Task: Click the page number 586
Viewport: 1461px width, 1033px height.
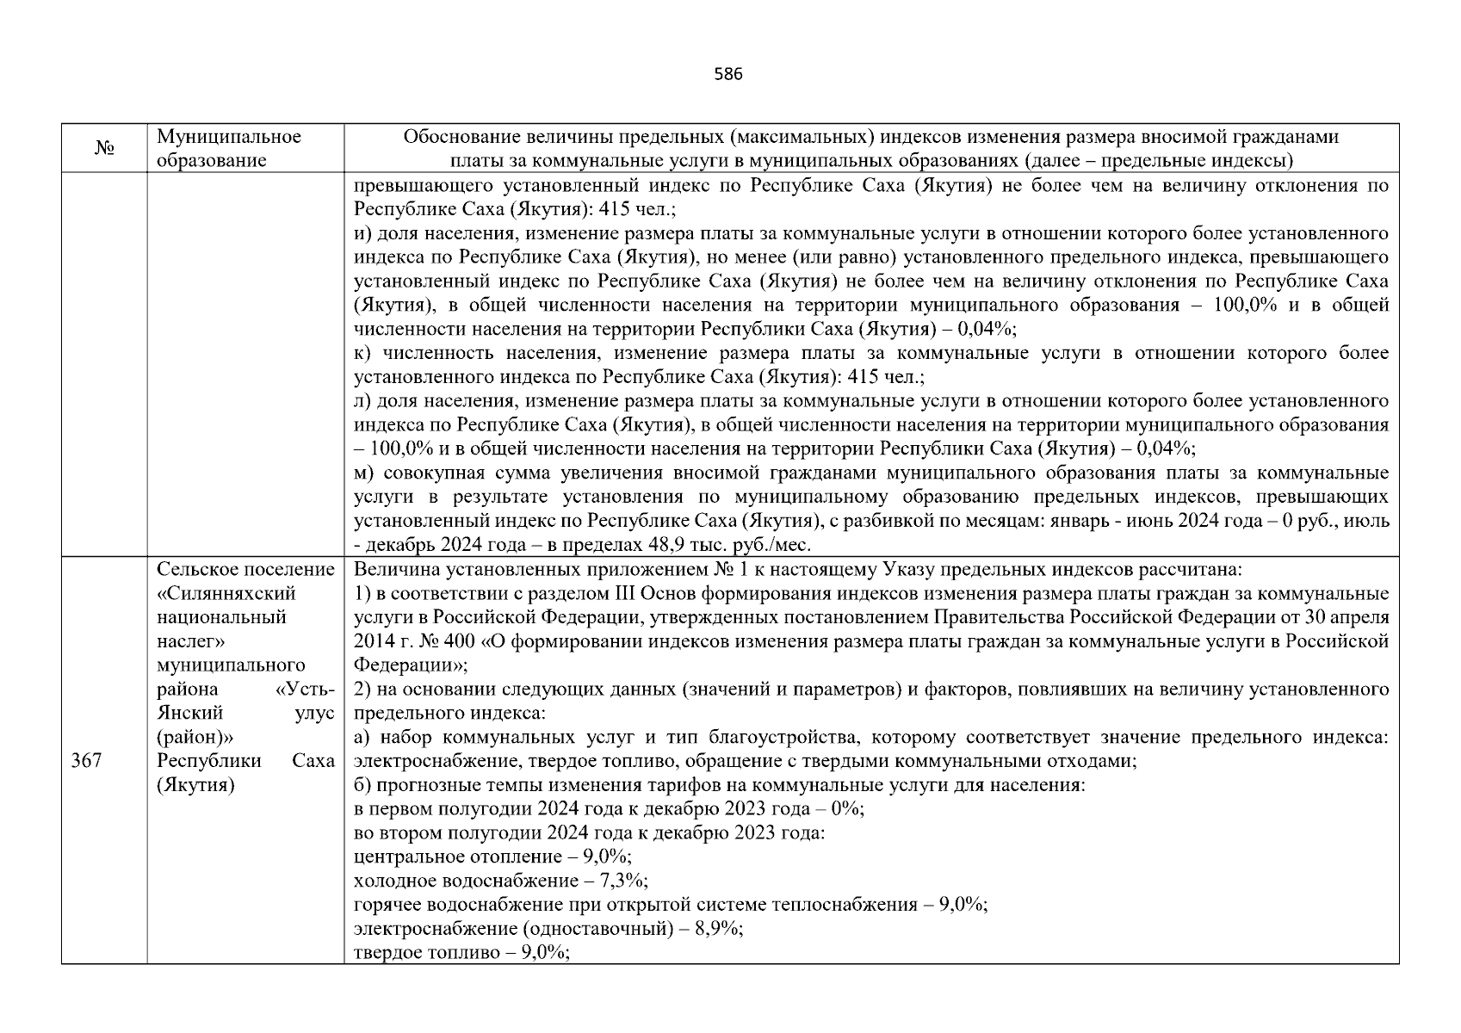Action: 728,74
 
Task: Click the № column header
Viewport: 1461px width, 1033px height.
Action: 104,149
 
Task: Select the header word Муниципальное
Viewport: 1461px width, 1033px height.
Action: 228,137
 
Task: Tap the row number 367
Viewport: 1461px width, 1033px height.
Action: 86,761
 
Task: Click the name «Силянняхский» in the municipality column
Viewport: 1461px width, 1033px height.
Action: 226,594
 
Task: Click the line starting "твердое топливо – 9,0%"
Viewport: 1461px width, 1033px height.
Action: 461,953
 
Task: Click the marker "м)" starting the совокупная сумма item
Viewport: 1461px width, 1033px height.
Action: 363,473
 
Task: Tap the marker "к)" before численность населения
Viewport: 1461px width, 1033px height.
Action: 362,353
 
